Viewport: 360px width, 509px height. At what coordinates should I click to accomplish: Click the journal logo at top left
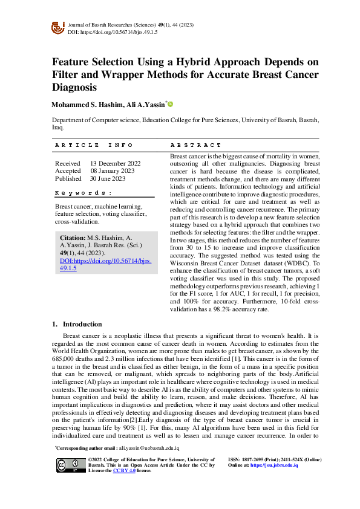tap(58, 27)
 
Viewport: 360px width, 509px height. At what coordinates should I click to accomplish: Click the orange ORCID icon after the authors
tap(171, 105)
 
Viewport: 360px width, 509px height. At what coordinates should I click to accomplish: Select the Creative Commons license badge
tap(70, 464)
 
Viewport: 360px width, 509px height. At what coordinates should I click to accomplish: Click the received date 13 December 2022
tap(116, 163)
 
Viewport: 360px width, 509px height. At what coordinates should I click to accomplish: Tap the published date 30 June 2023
tap(108, 178)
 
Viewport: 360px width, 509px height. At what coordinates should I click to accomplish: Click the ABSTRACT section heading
tap(196, 145)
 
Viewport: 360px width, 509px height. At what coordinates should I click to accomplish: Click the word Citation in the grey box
tap(73, 238)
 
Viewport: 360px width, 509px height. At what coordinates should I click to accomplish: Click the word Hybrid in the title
tap(187, 62)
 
